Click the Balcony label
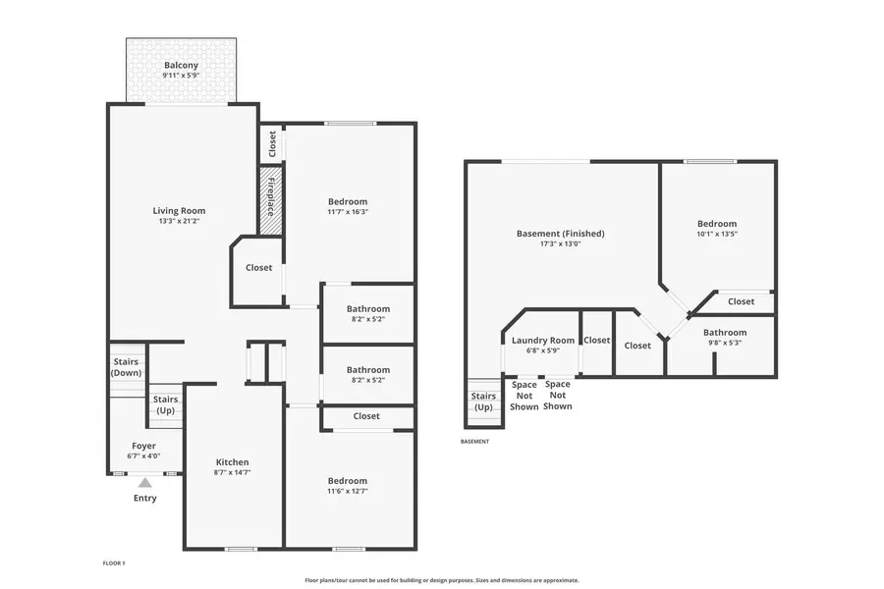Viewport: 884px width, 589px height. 181,66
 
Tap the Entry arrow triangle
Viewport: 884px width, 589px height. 145,483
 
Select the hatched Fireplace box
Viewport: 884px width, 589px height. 271,200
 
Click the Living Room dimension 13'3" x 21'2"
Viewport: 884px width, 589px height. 180,221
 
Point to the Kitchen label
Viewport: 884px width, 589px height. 232,462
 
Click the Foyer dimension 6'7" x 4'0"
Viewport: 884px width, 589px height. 143,455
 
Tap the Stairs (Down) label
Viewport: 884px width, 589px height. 127,367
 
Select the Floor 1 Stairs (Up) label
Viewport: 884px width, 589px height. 166,404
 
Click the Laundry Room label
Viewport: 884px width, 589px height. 543,341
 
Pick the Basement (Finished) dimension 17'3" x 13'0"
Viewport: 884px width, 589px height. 561,244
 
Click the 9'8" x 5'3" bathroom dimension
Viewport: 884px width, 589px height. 725,343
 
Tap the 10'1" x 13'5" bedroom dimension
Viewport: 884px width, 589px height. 717,234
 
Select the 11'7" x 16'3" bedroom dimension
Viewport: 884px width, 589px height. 348,212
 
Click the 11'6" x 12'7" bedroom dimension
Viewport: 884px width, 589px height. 348,491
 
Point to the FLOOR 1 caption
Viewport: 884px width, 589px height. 114,563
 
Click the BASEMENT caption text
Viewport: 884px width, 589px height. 474,442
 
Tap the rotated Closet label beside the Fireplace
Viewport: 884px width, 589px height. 272,144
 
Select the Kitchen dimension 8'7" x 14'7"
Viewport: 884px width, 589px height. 232,472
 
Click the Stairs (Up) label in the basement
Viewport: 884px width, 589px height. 483,402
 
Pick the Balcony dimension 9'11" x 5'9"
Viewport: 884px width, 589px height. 181,75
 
